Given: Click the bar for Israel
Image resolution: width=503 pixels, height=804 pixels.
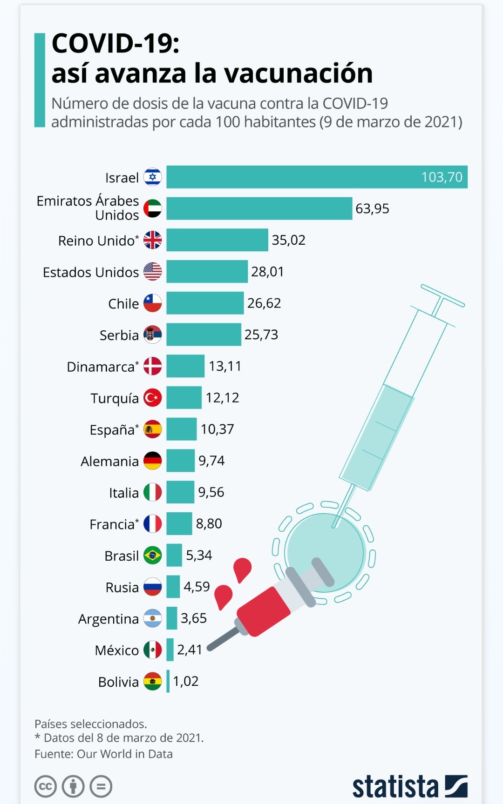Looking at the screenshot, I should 317,177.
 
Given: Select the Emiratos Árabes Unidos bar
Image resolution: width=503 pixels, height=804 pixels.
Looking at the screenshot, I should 259,208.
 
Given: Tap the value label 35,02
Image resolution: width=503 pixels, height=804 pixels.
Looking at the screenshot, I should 288,240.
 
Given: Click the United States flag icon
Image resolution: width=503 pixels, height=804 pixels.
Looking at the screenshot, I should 152,271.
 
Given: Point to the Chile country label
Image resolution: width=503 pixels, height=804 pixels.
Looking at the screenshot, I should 123,304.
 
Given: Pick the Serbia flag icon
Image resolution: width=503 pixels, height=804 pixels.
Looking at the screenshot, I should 152,335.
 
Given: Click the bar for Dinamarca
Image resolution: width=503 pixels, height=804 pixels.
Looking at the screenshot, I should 185,366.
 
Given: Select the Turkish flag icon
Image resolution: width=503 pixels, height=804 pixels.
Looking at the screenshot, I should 152,398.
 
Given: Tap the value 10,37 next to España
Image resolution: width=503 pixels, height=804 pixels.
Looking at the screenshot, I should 217,429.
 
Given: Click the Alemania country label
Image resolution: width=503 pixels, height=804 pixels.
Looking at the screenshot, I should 109,462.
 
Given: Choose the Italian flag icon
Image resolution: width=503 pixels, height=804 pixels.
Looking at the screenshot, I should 152,492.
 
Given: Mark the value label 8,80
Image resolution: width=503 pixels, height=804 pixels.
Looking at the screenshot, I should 209,524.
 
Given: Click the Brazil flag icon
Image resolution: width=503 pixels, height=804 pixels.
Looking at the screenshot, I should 152,556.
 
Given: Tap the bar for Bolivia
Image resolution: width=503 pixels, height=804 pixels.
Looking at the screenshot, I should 168,682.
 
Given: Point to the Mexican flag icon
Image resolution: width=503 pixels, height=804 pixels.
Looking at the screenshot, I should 152,650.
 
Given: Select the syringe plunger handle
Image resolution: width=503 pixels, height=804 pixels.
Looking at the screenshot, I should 442,296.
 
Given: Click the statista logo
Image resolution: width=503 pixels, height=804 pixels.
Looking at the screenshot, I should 409,787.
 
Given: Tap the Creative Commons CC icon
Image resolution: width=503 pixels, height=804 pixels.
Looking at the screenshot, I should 46,787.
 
